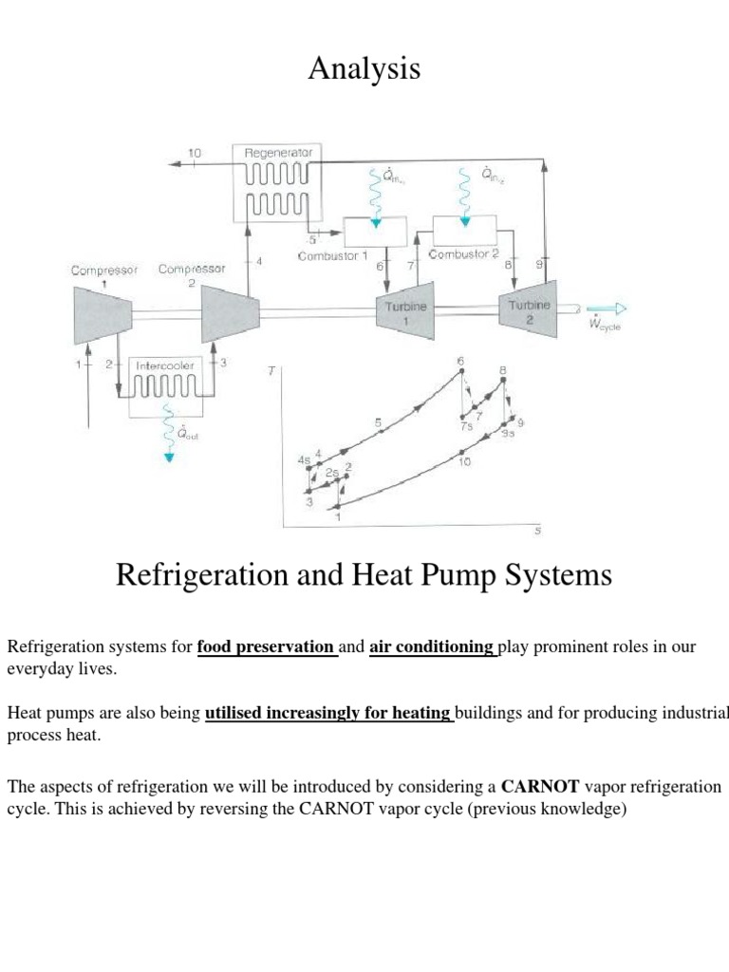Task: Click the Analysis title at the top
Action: point(364,69)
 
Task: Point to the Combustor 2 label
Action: point(463,254)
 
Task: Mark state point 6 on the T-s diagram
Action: point(461,370)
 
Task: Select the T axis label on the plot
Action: point(271,371)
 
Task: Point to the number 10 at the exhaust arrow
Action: point(195,152)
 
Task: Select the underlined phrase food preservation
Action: point(267,647)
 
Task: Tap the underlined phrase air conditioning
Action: point(432,647)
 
